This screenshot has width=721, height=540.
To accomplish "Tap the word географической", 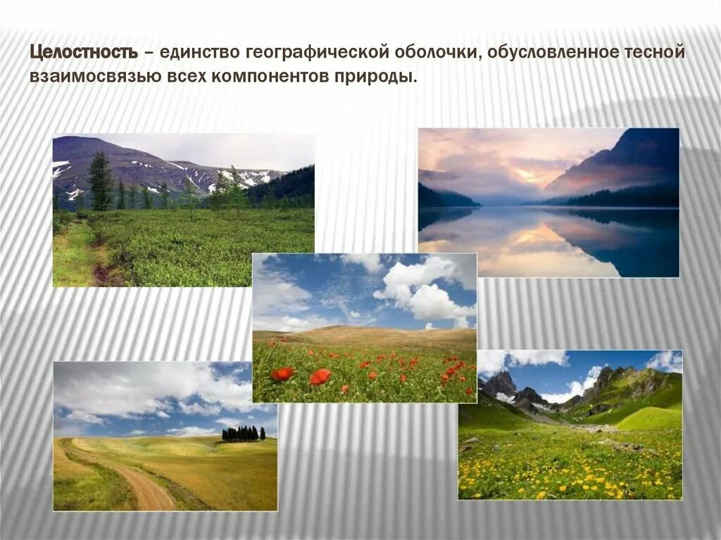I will click(311, 54).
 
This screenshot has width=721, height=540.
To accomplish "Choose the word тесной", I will click(657, 54).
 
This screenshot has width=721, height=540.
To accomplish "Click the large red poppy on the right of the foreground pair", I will click(320, 377).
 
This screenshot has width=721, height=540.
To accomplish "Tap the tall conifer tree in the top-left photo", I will click(100, 181).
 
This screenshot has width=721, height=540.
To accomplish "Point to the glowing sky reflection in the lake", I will click(535, 239).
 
